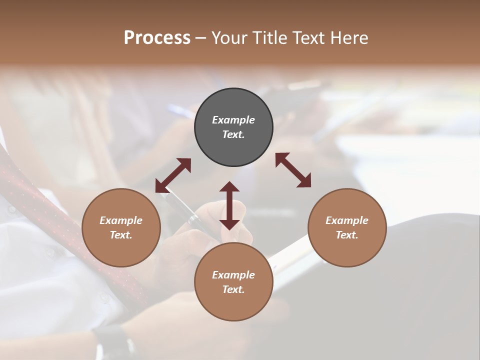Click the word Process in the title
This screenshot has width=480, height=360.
coord(157,38)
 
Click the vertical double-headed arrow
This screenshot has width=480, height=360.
coord(229,205)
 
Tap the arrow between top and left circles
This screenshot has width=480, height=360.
coord(173,175)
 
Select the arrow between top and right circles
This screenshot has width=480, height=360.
coord(293,170)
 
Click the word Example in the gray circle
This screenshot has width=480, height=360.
coord(233,120)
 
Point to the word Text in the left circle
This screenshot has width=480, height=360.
coord(121,235)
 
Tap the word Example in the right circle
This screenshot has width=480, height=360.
coord(347,220)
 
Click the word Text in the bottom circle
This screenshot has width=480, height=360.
coord(233,289)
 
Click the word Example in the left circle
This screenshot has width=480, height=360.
coord(121,220)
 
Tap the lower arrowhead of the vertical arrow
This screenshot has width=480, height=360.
coord(229,224)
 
